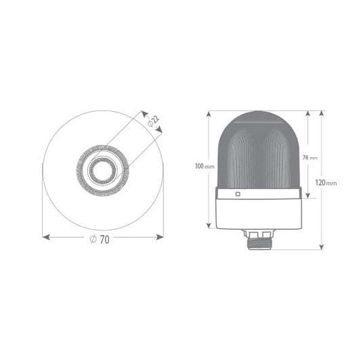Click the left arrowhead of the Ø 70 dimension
tap(46, 237)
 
